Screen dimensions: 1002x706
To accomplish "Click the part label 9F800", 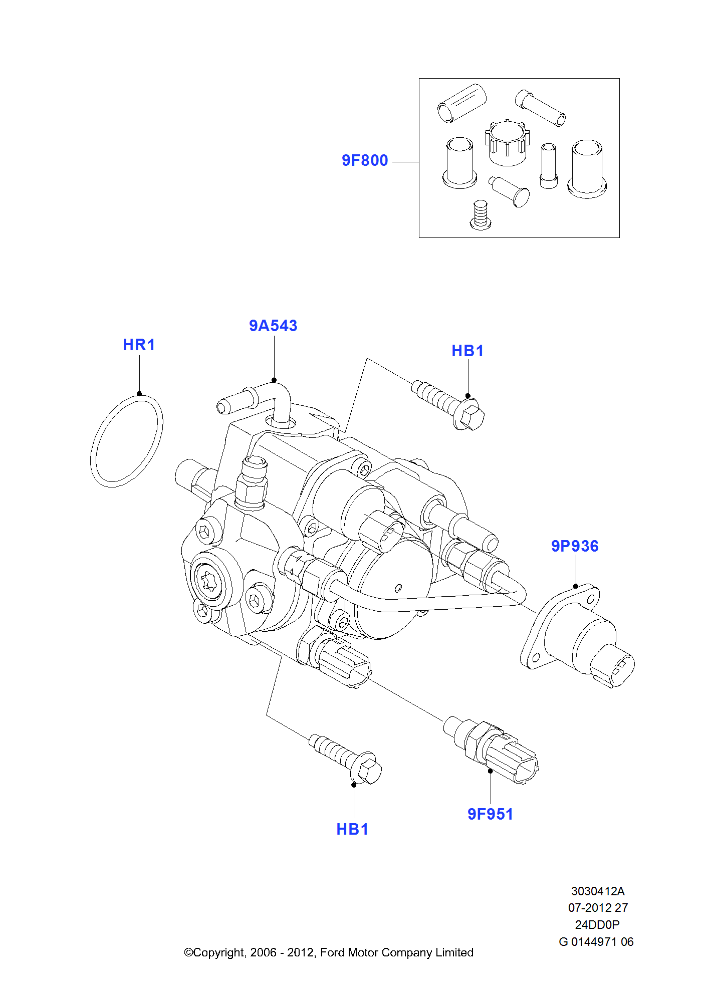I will coord(364,160).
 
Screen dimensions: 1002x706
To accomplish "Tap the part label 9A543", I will coord(273,326).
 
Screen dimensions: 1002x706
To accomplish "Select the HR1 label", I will coord(139,345).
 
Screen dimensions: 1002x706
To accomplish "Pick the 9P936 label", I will coord(575,546).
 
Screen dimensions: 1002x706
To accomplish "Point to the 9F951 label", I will coord(490,814).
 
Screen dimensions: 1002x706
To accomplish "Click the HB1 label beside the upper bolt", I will coord(467,351).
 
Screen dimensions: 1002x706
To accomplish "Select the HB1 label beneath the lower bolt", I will coord(352,829).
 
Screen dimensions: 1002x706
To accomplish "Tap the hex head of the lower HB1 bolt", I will coord(368,771).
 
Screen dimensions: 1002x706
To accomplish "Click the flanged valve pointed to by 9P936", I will coord(576,636).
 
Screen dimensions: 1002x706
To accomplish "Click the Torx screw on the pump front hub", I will coord(208,582).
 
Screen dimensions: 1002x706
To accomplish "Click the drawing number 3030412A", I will coord(597,891).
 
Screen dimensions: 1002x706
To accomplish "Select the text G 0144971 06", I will coord(596,941).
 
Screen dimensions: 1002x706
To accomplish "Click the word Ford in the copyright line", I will coord(332,952).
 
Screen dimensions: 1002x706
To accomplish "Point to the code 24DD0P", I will coord(597,924).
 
